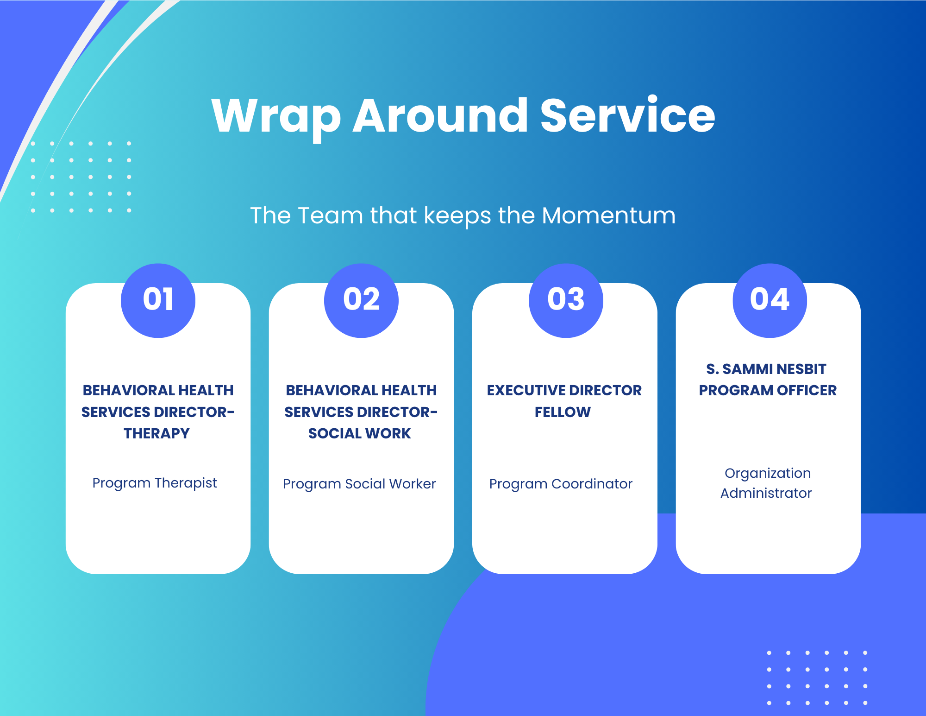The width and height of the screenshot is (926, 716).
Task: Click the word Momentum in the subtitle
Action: click(x=608, y=215)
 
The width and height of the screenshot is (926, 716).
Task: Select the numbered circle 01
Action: click(x=158, y=300)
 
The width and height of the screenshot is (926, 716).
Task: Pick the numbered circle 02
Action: click(x=361, y=300)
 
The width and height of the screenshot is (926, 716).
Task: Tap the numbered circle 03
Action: click(x=566, y=300)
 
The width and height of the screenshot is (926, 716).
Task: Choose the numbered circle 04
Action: click(x=770, y=300)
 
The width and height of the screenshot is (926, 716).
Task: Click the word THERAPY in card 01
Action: click(x=157, y=433)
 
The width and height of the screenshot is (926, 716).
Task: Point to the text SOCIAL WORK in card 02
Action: click(x=360, y=433)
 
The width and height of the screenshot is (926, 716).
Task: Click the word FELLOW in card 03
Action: click(x=563, y=412)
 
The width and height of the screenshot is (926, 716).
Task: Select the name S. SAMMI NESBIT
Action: click(x=766, y=369)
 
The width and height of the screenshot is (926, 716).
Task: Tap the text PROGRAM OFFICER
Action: click(x=768, y=390)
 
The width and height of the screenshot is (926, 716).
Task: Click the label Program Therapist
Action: click(x=155, y=483)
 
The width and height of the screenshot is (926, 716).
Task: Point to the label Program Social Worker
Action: click(x=359, y=484)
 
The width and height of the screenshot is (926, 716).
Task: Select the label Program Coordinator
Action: click(x=561, y=484)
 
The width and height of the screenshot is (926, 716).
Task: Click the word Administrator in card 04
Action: click(x=766, y=493)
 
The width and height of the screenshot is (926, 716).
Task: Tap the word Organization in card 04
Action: click(x=768, y=473)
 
